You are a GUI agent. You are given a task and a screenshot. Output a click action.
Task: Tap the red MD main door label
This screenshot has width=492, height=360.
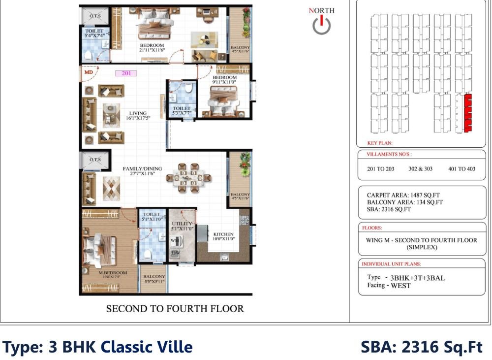point(89,72)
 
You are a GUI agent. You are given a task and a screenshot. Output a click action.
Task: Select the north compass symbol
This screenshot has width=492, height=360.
point(321,24)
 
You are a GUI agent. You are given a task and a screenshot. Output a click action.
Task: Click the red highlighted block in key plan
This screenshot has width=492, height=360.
point(468,112)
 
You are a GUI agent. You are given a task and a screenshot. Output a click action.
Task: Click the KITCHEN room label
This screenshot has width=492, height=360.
point(223,236)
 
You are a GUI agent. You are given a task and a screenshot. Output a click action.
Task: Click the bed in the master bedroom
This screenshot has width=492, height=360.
point(101,249)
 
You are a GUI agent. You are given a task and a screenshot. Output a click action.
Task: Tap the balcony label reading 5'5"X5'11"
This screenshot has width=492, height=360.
point(154,279)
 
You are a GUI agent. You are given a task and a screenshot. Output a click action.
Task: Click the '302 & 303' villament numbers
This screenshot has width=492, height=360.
point(421,168)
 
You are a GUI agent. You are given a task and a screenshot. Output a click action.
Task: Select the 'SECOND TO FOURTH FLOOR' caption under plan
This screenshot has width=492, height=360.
point(175,309)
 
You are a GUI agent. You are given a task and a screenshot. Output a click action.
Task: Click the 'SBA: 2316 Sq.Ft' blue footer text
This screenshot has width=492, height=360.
point(422,347)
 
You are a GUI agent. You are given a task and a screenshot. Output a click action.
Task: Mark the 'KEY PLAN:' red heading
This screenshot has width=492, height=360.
point(380,143)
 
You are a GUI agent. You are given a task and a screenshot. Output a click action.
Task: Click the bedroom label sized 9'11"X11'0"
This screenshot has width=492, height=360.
point(224,80)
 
